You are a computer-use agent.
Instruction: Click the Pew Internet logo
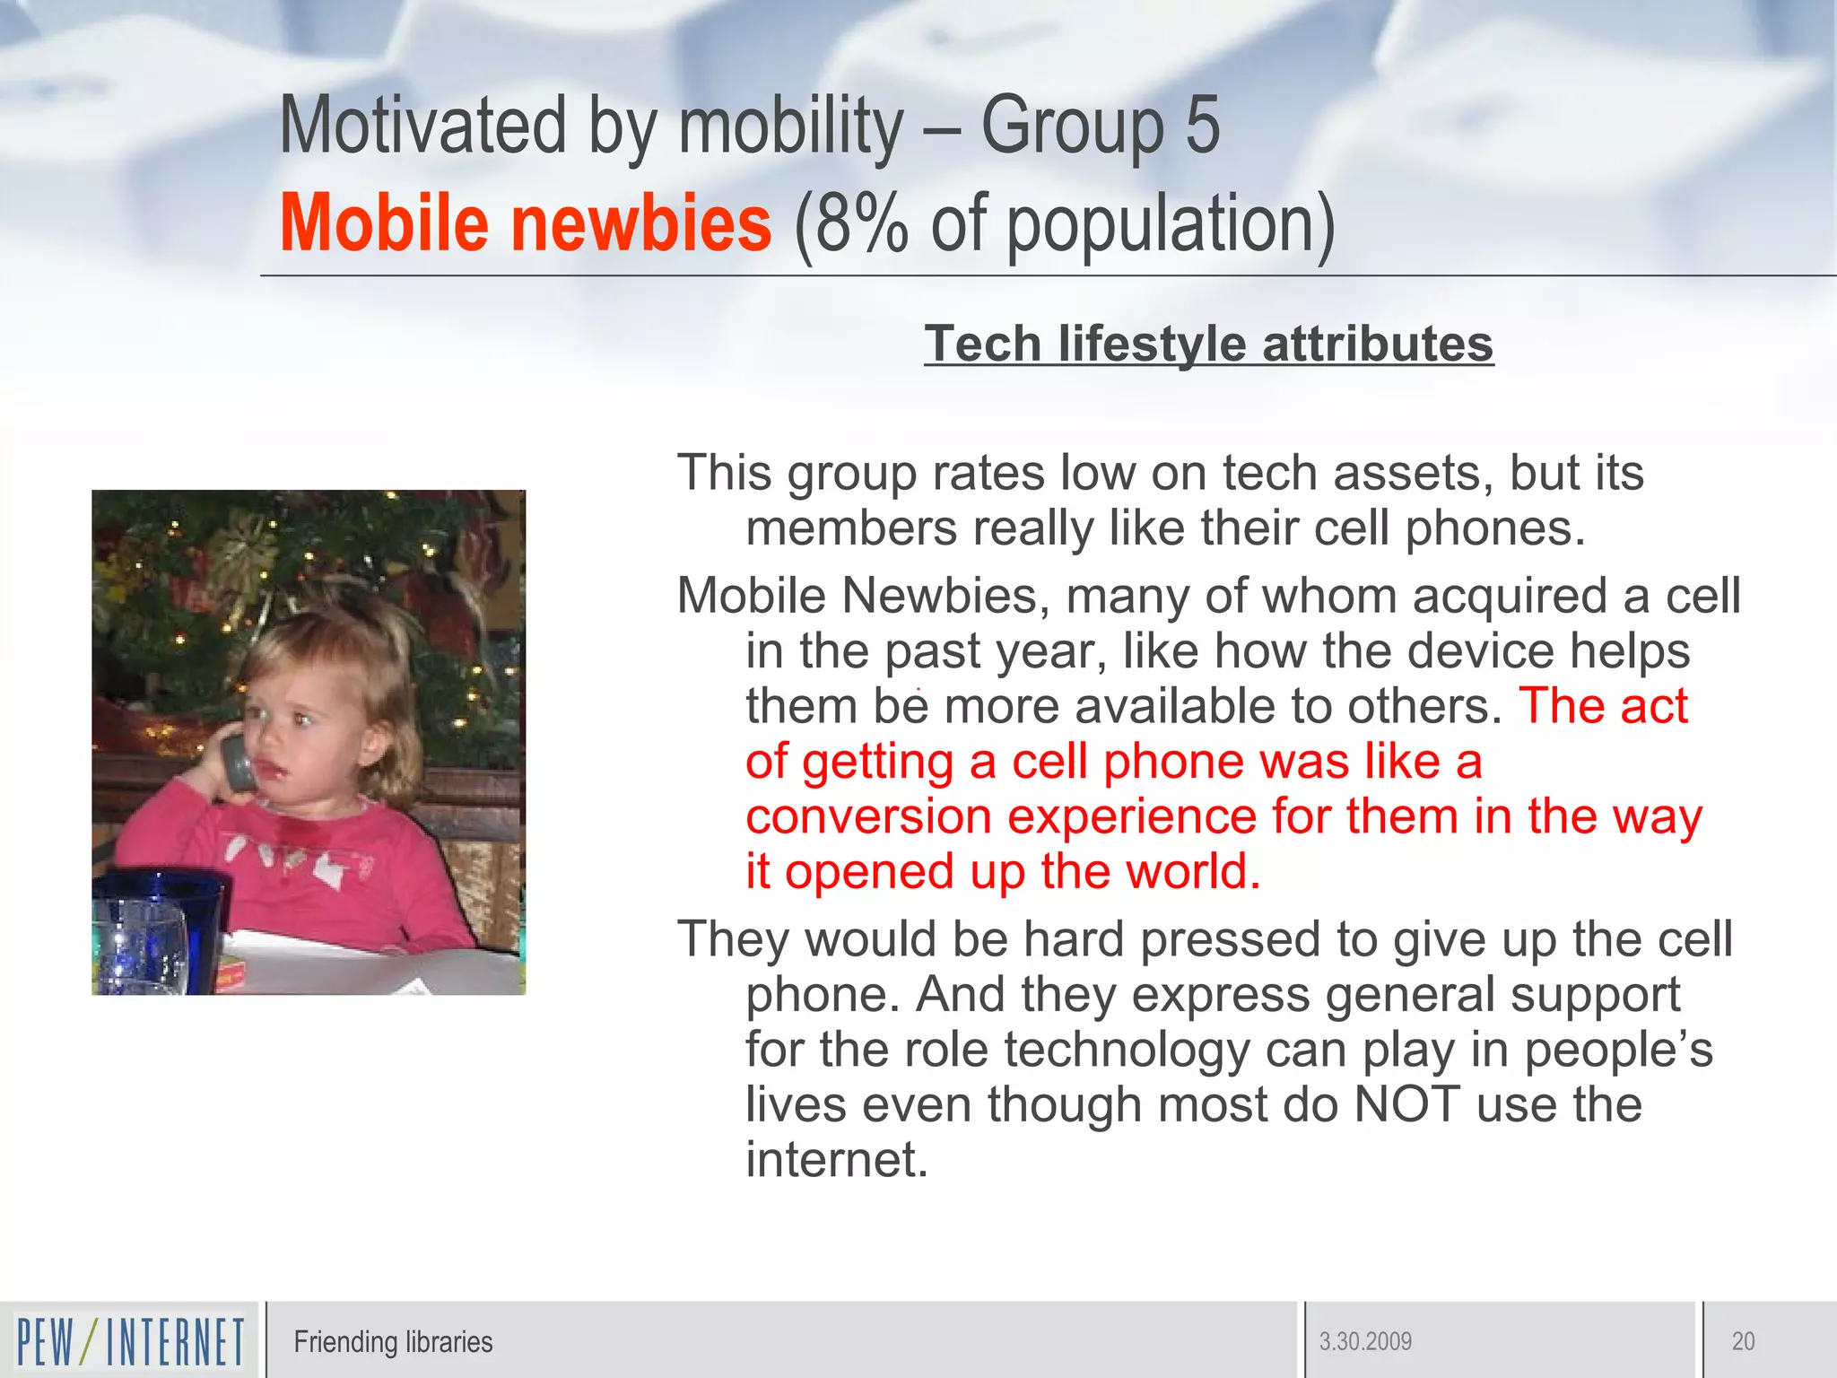[x=130, y=1341]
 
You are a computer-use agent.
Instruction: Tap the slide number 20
[x=1743, y=1341]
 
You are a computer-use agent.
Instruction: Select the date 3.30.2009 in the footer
[x=1365, y=1341]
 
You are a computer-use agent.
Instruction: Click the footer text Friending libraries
[x=393, y=1341]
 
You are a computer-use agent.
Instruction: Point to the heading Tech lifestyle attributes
[x=1208, y=344]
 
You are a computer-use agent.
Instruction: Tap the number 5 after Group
[x=1202, y=126]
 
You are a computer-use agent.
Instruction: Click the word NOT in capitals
[x=1406, y=1103]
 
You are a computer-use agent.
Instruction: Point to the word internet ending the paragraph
[x=836, y=1159]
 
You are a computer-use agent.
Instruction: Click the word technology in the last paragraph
[x=1127, y=1049]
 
